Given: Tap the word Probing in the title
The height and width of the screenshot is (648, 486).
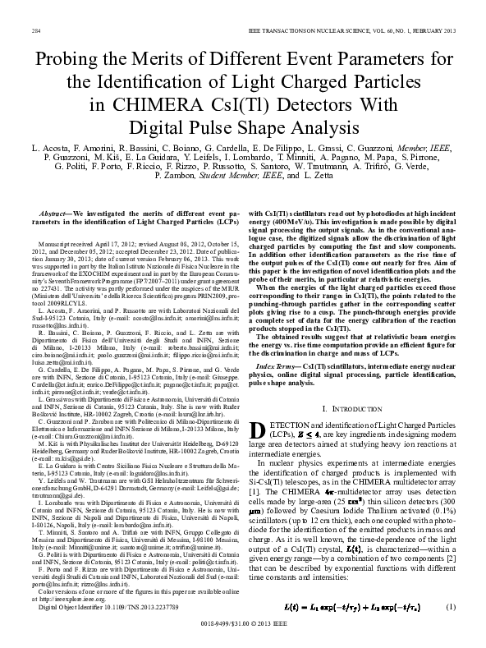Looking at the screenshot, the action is click(x=69, y=59).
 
